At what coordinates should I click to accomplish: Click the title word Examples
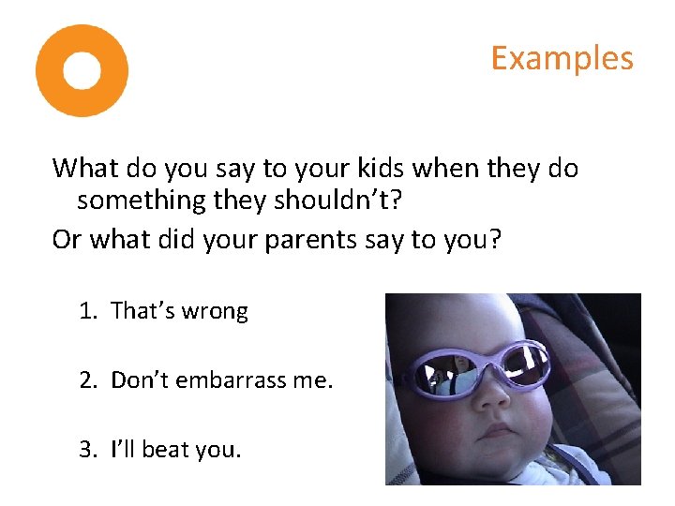[562, 58]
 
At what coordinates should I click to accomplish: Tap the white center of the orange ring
[82, 70]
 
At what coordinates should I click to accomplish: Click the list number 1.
[87, 311]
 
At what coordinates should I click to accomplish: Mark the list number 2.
[87, 379]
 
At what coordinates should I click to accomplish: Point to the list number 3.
[87, 449]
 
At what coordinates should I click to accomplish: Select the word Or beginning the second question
[66, 240]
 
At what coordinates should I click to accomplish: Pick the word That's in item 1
[141, 311]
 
